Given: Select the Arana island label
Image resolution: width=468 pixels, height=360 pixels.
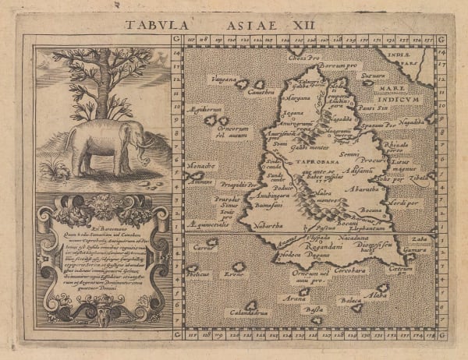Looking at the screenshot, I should pos(294,298).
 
